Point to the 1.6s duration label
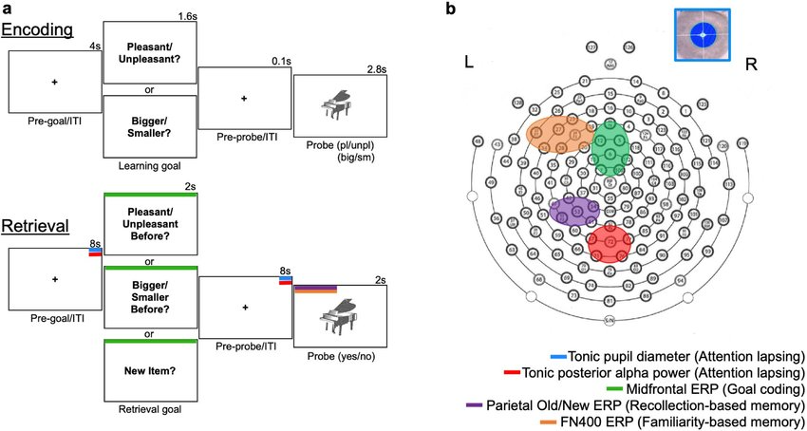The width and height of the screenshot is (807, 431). click(x=186, y=16)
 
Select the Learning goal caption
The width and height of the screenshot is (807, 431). click(x=149, y=167)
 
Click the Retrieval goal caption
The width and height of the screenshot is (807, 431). click(x=149, y=409)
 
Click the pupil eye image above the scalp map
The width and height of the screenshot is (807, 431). click(x=704, y=34)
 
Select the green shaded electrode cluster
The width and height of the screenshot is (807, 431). click(x=610, y=147)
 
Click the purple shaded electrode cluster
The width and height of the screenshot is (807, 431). click(x=573, y=210)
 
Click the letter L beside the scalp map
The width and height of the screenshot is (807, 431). click(x=469, y=63)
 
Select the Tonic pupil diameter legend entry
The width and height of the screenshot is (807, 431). click(x=685, y=355)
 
